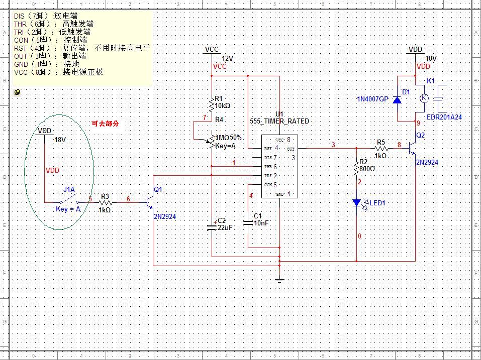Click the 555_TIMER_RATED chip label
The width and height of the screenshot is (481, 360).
[x=279, y=122]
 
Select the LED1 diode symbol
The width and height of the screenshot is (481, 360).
[x=357, y=203]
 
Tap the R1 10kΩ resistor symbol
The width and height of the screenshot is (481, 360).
[x=212, y=106]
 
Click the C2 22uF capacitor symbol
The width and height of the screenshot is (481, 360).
[x=212, y=226]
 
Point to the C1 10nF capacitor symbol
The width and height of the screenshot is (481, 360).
[x=248, y=222]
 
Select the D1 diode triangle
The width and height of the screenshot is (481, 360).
[x=397, y=99]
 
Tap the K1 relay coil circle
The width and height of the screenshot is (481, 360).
[x=424, y=98]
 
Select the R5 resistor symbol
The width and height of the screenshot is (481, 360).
[x=381, y=149]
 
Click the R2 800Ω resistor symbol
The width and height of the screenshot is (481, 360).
[x=357, y=169]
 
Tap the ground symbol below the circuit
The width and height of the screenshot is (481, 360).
[x=280, y=280]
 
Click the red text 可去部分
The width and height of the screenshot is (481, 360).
[x=106, y=124]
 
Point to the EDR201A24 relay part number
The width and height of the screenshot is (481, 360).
[x=444, y=117]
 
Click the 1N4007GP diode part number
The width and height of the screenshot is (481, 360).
[x=372, y=99]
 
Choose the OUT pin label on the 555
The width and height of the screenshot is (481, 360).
[x=291, y=149]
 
